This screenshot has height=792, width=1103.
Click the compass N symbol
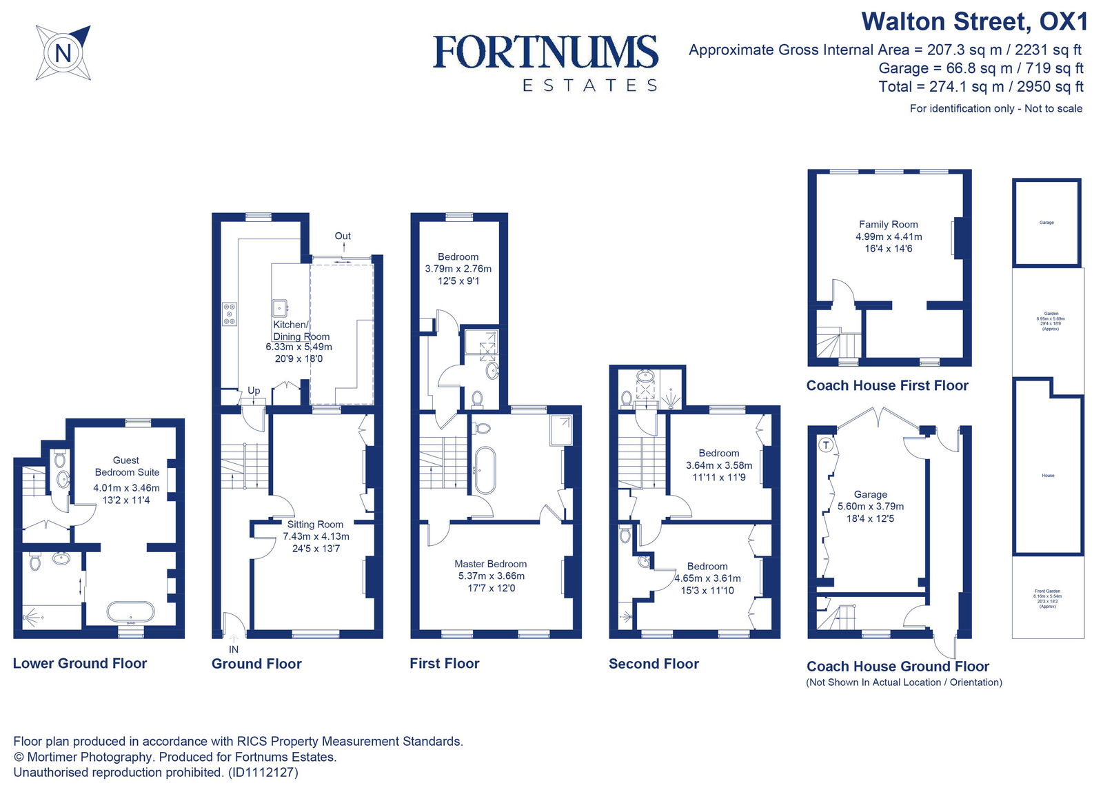tap(63, 53)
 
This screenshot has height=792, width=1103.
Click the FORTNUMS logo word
tap(545, 52)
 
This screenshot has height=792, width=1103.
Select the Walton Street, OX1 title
tap(973, 21)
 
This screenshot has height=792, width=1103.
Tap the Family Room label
tap(888, 224)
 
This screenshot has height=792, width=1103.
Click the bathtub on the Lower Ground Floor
tap(131, 611)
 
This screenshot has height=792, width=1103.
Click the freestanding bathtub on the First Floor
tap(484, 470)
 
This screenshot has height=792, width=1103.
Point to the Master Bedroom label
tap(490, 564)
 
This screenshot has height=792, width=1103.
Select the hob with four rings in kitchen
tap(230, 314)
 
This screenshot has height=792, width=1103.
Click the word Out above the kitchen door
tap(343, 236)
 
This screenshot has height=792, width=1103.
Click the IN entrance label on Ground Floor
tap(234, 649)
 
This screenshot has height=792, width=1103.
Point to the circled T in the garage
tap(826, 445)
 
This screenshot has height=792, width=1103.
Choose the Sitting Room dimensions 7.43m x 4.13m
tap(316, 536)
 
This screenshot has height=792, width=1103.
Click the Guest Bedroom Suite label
tap(127, 466)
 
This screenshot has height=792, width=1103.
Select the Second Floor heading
tap(654, 664)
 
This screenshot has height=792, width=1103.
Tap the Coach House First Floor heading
tap(887, 386)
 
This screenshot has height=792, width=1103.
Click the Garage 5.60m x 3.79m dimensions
tap(870, 507)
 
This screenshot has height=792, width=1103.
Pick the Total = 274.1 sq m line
tap(980, 87)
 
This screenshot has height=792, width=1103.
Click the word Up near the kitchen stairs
tap(254, 390)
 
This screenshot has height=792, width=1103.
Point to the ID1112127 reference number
tap(263, 772)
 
